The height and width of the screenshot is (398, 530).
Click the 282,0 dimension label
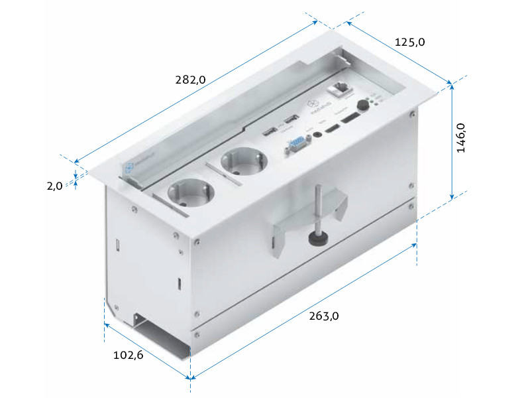click(191, 80)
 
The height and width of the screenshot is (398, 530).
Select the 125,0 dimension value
click(409, 42)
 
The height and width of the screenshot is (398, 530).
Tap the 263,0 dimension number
click(324, 316)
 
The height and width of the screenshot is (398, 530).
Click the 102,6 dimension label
click(129, 355)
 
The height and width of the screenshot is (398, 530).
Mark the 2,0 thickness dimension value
click(54, 186)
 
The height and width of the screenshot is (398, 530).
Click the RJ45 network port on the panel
click(343, 87)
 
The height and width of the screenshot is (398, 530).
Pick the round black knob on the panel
click(363, 105)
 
